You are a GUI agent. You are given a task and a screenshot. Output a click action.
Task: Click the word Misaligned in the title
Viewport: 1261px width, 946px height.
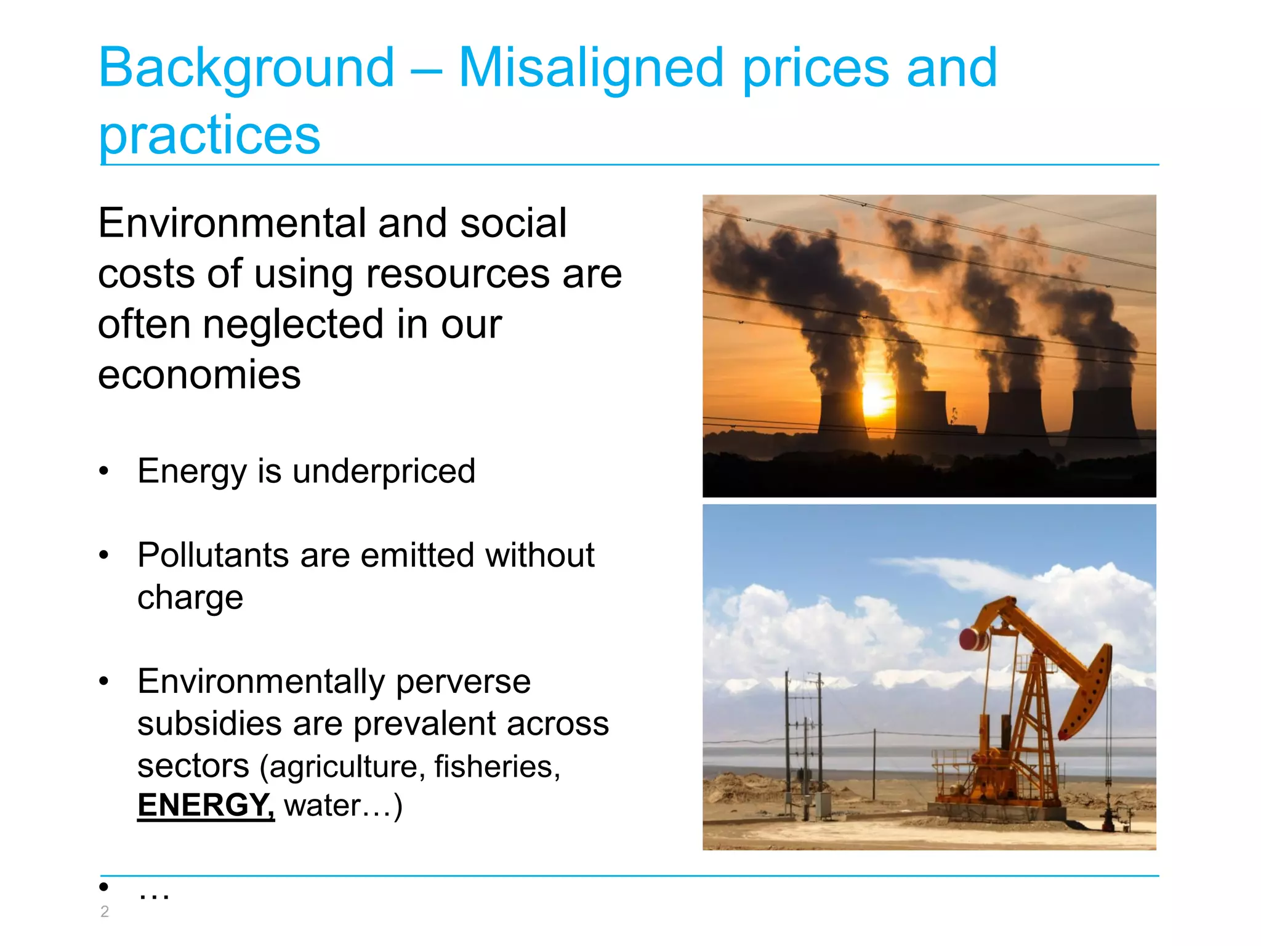click(591, 68)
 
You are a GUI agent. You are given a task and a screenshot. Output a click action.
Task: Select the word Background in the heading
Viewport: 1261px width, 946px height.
click(246, 68)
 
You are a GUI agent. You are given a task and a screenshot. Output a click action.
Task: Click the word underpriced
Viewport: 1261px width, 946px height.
click(384, 472)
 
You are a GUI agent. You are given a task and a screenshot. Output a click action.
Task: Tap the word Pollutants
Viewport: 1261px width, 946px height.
click(213, 556)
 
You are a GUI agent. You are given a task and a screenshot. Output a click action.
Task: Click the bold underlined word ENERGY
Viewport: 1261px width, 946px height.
click(205, 805)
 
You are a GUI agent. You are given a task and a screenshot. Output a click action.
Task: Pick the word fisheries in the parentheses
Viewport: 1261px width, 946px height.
click(496, 767)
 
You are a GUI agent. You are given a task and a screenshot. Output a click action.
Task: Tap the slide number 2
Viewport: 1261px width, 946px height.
click(105, 912)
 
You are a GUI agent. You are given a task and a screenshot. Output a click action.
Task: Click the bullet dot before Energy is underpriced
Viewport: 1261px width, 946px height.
click(104, 472)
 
